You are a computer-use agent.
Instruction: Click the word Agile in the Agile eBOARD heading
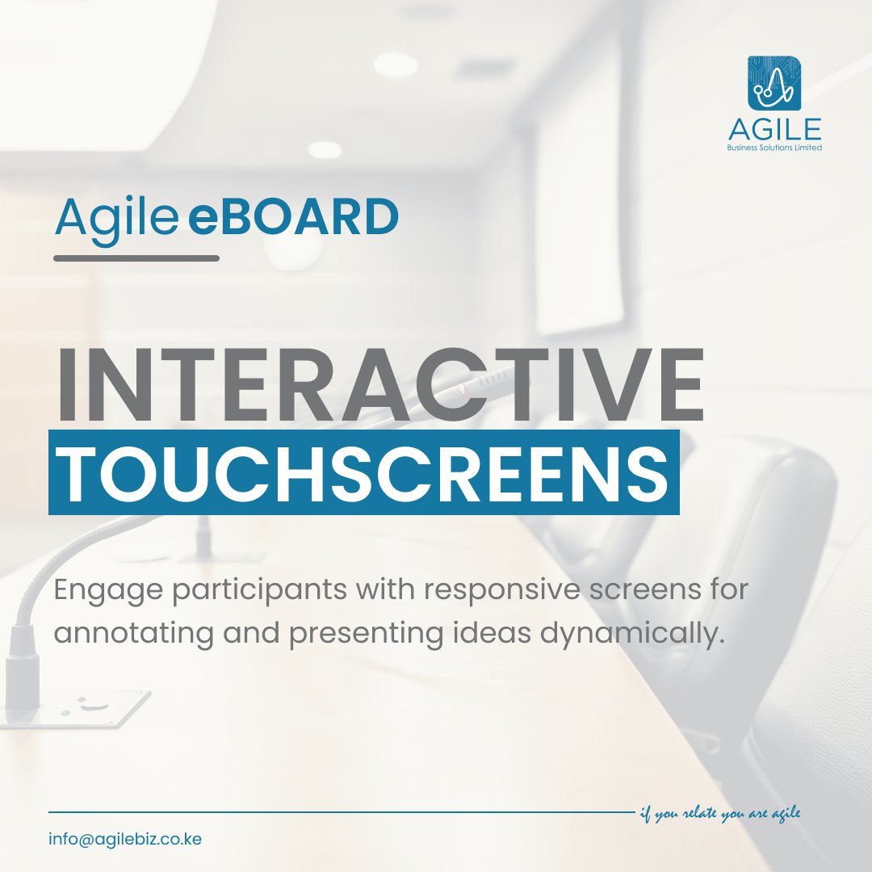pos(115,218)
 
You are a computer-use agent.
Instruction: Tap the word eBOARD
pos(293,218)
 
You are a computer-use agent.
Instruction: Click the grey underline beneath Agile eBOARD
pos(136,258)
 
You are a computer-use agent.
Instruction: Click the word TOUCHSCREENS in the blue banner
pos(363,472)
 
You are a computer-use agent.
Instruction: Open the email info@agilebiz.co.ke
pos(125,839)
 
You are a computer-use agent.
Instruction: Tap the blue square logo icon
pos(773,82)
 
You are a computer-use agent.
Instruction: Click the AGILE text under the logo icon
pos(773,129)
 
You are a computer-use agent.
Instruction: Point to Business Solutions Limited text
pos(773,149)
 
